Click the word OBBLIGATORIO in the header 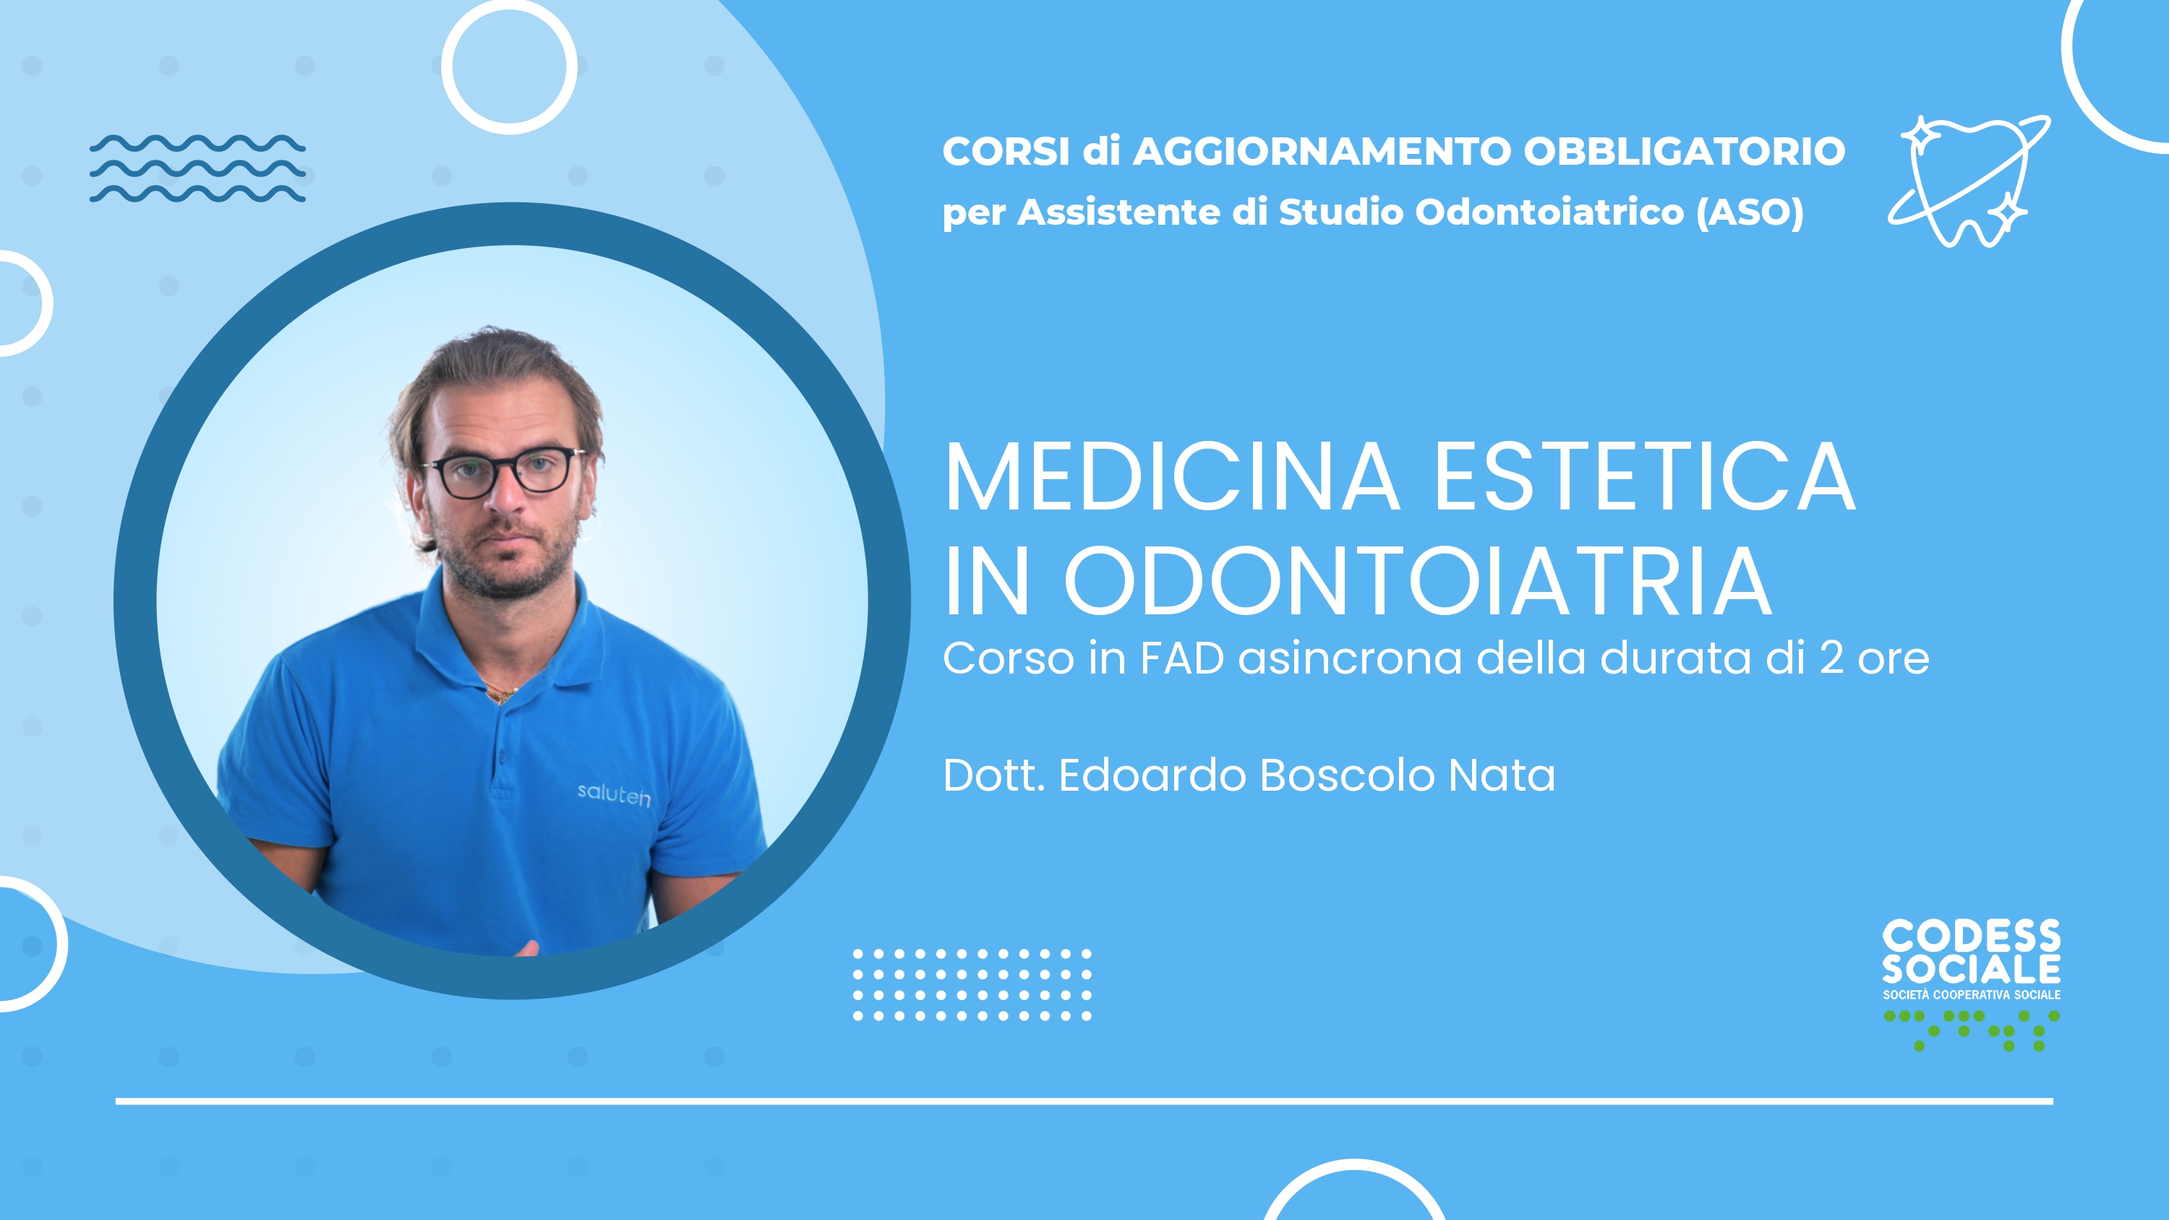coord(1684,152)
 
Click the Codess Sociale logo coord(1972,984)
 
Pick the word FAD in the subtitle coord(1182,658)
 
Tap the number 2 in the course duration coord(1831,658)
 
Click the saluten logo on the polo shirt coord(614,795)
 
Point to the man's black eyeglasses coord(503,473)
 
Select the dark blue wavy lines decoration coord(198,168)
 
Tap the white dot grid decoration coord(972,985)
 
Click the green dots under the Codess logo coord(1972,1031)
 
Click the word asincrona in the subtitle coord(1351,658)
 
